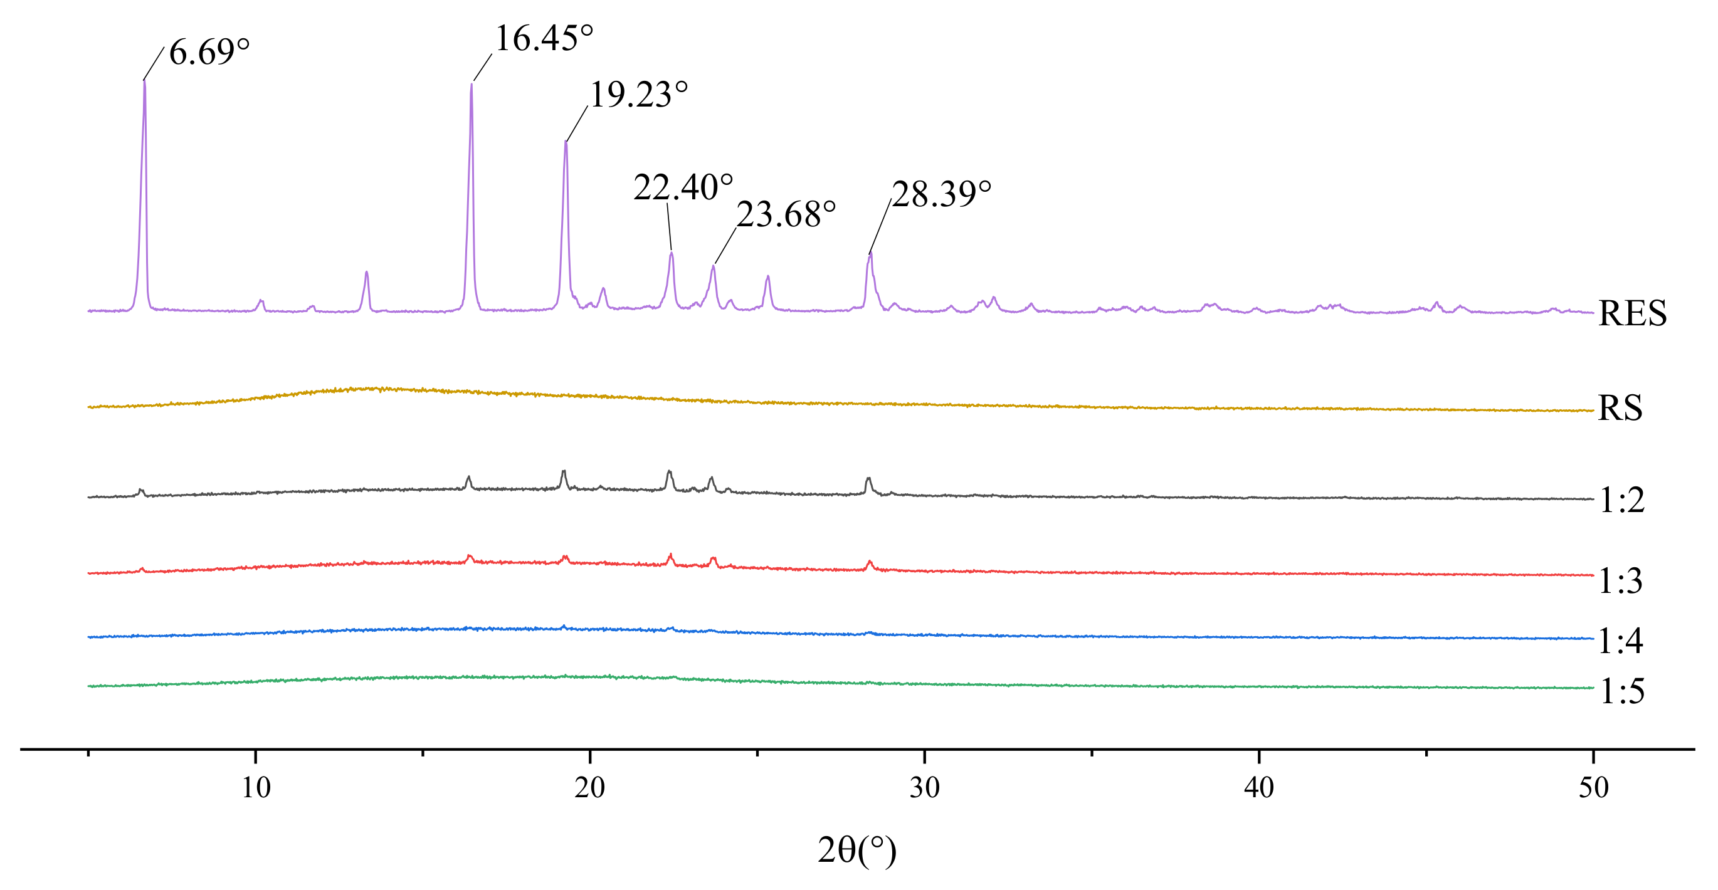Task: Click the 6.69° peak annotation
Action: click(209, 52)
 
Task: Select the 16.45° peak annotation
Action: click(544, 38)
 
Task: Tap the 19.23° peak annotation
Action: click(638, 94)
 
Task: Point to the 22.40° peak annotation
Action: click(683, 187)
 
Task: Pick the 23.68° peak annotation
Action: click(786, 215)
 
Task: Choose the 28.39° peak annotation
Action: click(941, 194)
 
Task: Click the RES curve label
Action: click(1632, 313)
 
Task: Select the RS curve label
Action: click(1620, 408)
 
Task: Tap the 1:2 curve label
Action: click(1622, 500)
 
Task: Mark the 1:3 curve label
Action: click(1621, 580)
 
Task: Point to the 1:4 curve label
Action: click(1621, 641)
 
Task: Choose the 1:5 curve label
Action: click(1622, 691)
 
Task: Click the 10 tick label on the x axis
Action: click(256, 788)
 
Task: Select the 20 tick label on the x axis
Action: click(590, 788)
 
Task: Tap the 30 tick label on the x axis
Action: click(925, 788)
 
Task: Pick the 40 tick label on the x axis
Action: click(1259, 788)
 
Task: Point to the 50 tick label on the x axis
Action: click(1593, 788)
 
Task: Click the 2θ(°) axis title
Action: click(857, 851)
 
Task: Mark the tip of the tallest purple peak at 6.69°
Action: click(144, 81)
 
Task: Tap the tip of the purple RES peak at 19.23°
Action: click(566, 142)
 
